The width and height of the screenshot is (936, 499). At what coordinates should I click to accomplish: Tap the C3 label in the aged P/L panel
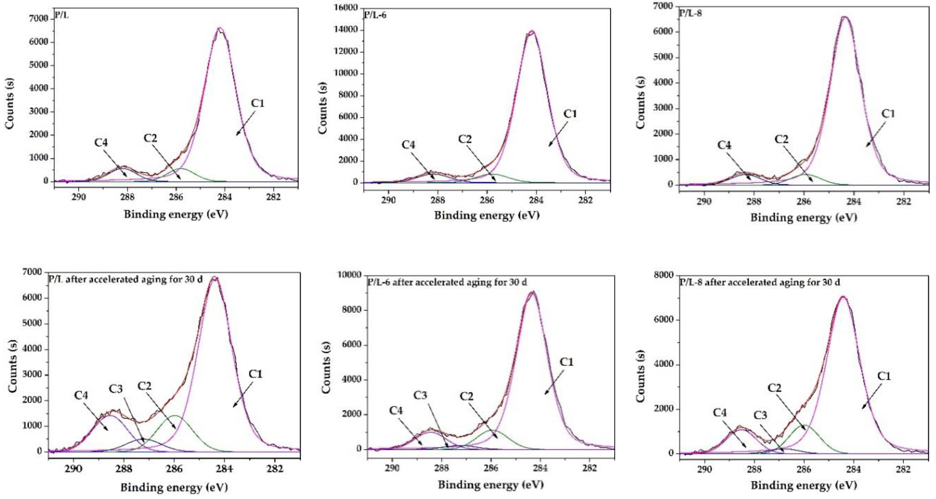pyautogui.click(x=116, y=389)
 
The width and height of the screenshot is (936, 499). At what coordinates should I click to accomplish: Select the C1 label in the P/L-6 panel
pyautogui.click(x=570, y=114)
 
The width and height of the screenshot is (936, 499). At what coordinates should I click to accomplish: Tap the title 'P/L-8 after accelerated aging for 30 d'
pyautogui.click(x=760, y=282)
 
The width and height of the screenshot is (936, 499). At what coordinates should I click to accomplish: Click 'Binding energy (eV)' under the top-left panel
pyautogui.click(x=176, y=214)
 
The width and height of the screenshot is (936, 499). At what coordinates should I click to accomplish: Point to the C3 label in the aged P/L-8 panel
pyautogui.click(x=760, y=415)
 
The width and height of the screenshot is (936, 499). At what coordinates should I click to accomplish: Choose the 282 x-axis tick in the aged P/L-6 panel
pyautogui.click(x=589, y=468)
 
